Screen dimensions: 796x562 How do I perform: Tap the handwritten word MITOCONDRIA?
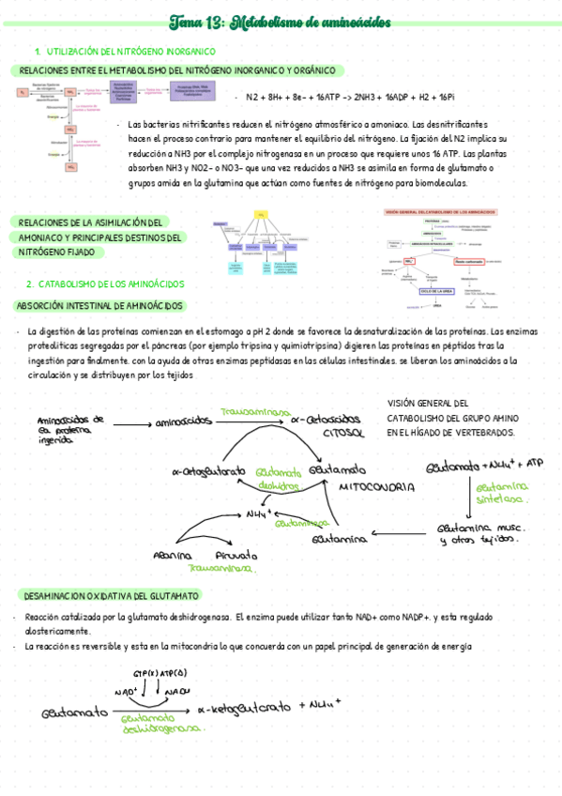point(376,488)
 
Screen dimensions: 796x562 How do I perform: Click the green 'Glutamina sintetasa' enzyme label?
point(502,494)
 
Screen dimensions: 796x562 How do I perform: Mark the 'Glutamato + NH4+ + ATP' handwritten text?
point(484,466)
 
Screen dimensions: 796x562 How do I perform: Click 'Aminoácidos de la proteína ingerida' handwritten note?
point(70,428)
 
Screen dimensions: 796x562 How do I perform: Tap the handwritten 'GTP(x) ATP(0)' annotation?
point(160,673)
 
